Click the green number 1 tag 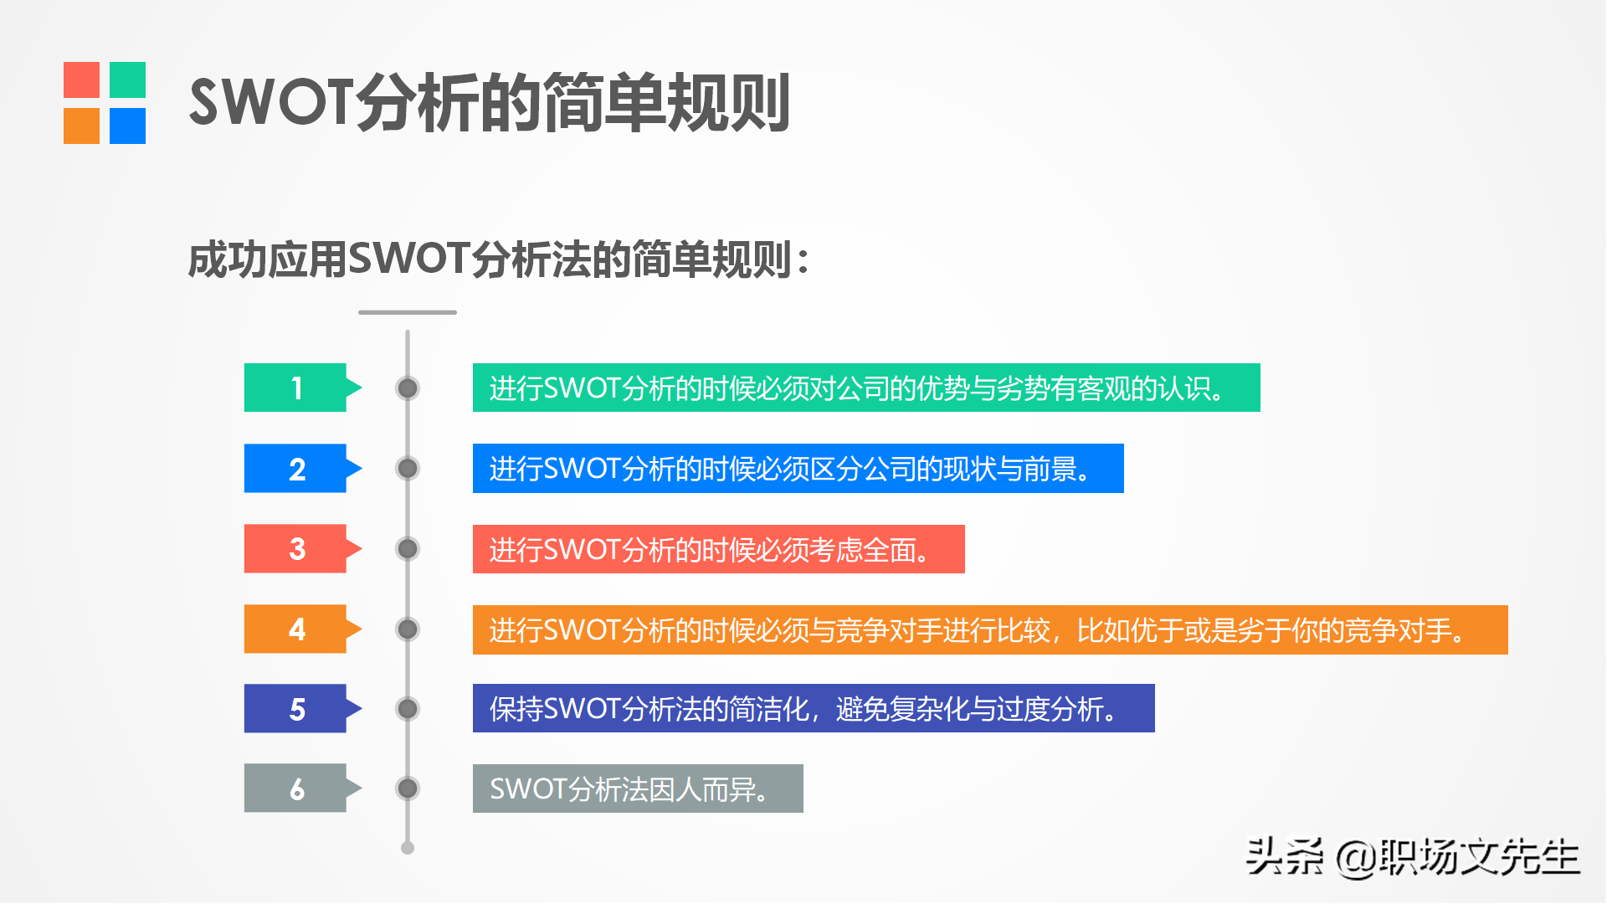pyautogui.click(x=301, y=388)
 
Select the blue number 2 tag pyautogui.click(x=301, y=468)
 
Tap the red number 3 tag pyautogui.click(x=301, y=548)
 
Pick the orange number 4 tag pyautogui.click(x=301, y=629)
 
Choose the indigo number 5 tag pyautogui.click(x=301, y=708)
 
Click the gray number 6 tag pyautogui.click(x=301, y=788)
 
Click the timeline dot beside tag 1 pyautogui.click(x=408, y=388)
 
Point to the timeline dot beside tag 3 pyautogui.click(x=408, y=548)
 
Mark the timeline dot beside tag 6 pyautogui.click(x=408, y=788)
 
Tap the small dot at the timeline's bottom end pyautogui.click(x=408, y=848)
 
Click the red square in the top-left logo pyautogui.click(x=81, y=80)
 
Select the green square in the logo pyautogui.click(x=127, y=80)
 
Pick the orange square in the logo pyautogui.click(x=81, y=126)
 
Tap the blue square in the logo pyautogui.click(x=127, y=126)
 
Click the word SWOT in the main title pyautogui.click(x=272, y=102)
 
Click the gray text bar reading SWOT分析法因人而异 pyautogui.click(x=638, y=788)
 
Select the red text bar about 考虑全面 pyautogui.click(x=719, y=549)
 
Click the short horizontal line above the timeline pyautogui.click(x=408, y=312)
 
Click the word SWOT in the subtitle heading pyautogui.click(x=408, y=259)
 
